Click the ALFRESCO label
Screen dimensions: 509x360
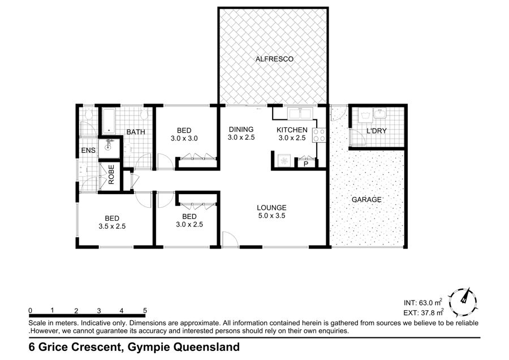click(274, 59)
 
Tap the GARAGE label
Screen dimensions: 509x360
click(366, 199)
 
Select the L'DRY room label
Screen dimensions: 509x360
click(376, 131)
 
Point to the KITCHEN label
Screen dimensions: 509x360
click(292, 130)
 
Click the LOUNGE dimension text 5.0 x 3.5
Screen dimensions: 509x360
click(271, 216)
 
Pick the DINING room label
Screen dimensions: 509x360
click(241, 129)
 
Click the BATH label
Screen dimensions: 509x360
click(136, 132)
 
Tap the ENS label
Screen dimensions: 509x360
click(88, 150)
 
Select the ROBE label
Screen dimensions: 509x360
click(111, 175)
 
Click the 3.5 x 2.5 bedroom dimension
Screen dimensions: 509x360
click(112, 226)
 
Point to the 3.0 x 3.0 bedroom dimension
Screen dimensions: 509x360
click(184, 139)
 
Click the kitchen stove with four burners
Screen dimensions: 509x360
click(318, 135)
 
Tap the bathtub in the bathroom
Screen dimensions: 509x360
click(109, 121)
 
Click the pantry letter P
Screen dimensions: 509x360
click(305, 164)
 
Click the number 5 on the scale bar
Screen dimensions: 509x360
click(145, 311)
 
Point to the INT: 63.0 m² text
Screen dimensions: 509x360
click(423, 302)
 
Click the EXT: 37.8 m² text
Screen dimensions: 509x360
click(424, 312)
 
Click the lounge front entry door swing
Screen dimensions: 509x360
click(230, 240)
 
